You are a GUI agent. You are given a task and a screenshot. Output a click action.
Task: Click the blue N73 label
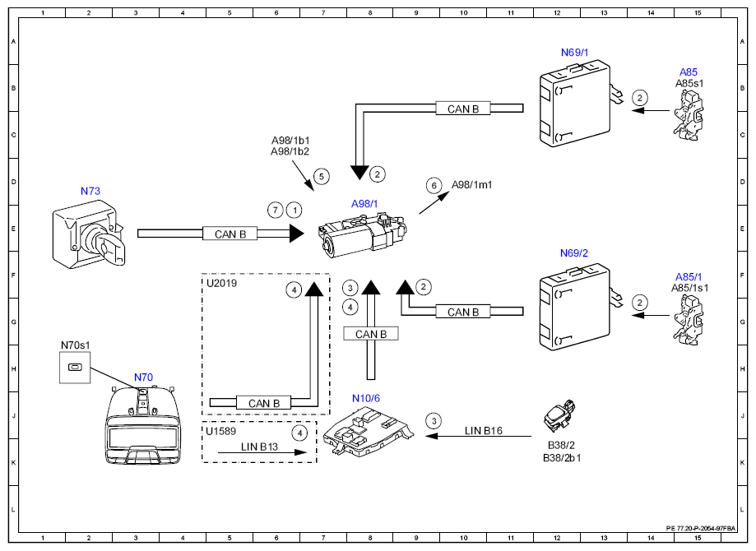90,191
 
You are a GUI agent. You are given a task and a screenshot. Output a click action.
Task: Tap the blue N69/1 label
574,53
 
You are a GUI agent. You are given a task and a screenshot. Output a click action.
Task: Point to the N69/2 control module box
575,307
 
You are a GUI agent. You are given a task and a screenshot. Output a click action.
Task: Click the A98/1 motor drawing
363,235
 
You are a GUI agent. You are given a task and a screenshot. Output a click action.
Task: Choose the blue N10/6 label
365,398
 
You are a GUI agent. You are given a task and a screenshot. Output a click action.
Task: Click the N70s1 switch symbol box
75,368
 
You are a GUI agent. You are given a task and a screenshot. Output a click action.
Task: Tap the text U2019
221,284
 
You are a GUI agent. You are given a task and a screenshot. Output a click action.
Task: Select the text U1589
220,431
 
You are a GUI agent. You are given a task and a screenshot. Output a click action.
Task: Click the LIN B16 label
483,430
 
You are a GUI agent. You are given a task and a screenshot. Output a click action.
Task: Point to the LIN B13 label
259,447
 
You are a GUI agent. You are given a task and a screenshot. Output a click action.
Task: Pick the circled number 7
276,211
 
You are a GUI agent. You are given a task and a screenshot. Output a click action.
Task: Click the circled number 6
434,186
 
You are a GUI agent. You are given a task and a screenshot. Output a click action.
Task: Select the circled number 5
322,177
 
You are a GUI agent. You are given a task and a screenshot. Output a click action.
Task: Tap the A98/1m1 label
471,185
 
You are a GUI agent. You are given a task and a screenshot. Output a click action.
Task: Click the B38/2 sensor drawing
559,415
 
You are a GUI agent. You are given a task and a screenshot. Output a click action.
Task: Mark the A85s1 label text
689,83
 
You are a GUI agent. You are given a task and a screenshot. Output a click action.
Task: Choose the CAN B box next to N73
230,234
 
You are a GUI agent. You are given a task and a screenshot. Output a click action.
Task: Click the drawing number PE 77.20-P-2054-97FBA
701,528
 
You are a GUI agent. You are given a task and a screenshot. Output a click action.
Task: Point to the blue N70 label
143,377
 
